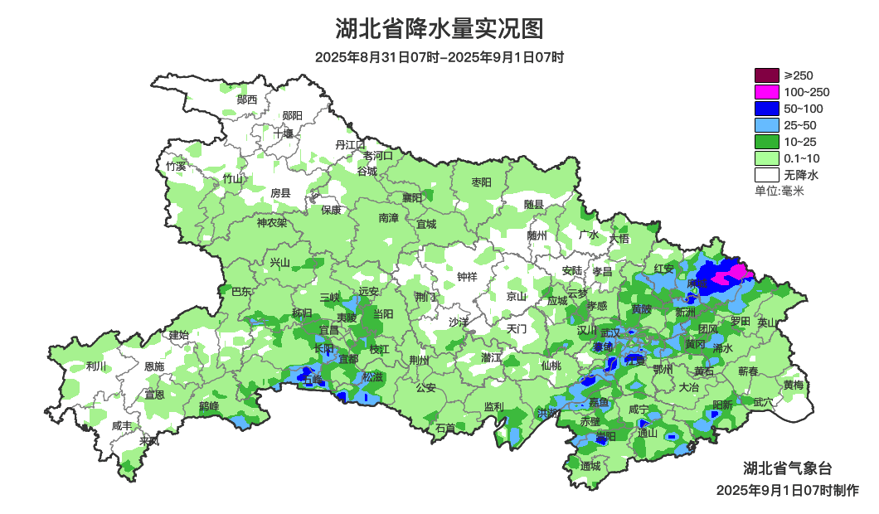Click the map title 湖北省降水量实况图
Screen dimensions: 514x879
pyautogui.click(x=439, y=29)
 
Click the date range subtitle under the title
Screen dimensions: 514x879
pyautogui.click(x=439, y=58)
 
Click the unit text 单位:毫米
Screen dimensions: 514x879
pyautogui.click(x=779, y=191)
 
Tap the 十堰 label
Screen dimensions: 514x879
pyautogui.click(x=284, y=133)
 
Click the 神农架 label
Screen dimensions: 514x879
pyautogui.click(x=271, y=222)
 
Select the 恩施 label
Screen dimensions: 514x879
pyautogui.click(x=154, y=366)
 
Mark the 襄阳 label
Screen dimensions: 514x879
pyautogui.click(x=412, y=197)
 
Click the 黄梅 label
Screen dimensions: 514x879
pyautogui.click(x=793, y=385)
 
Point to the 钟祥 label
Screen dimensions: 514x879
pyautogui.click(x=467, y=277)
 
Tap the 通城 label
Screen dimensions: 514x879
pyautogui.click(x=590, y=466)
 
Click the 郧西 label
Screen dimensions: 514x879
pyautogui.click(x=247, y=99)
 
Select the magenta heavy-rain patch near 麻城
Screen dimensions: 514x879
pyautogui.click(x=733, y=274)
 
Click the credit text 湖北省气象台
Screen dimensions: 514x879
pyautogui.click(x=786, y=468)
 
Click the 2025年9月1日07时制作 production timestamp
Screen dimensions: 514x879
pyautogui.click(x=787, y=490)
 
